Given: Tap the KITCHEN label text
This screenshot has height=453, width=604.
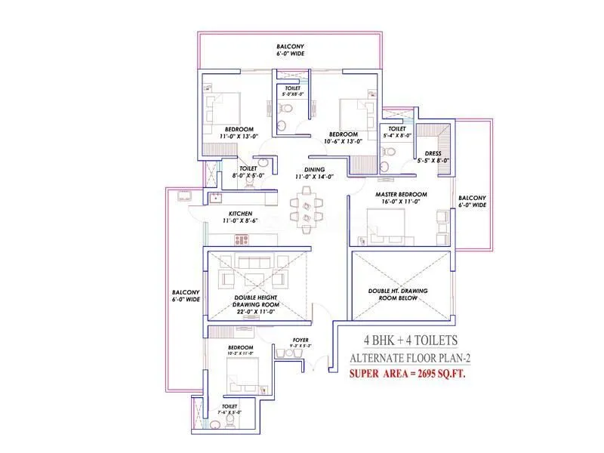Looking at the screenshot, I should [241, 214].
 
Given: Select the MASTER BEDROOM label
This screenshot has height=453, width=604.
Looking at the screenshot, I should [401, 195].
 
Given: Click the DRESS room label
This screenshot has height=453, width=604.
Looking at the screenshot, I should [433, 153].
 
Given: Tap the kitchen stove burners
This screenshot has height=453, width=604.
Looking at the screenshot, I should [242, 239].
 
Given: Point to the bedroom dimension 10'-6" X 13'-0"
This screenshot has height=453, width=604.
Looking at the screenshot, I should [343, 141].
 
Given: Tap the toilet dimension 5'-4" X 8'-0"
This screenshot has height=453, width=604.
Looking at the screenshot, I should [398, 136].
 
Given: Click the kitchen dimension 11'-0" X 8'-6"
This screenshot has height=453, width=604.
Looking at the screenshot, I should [241, 222].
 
